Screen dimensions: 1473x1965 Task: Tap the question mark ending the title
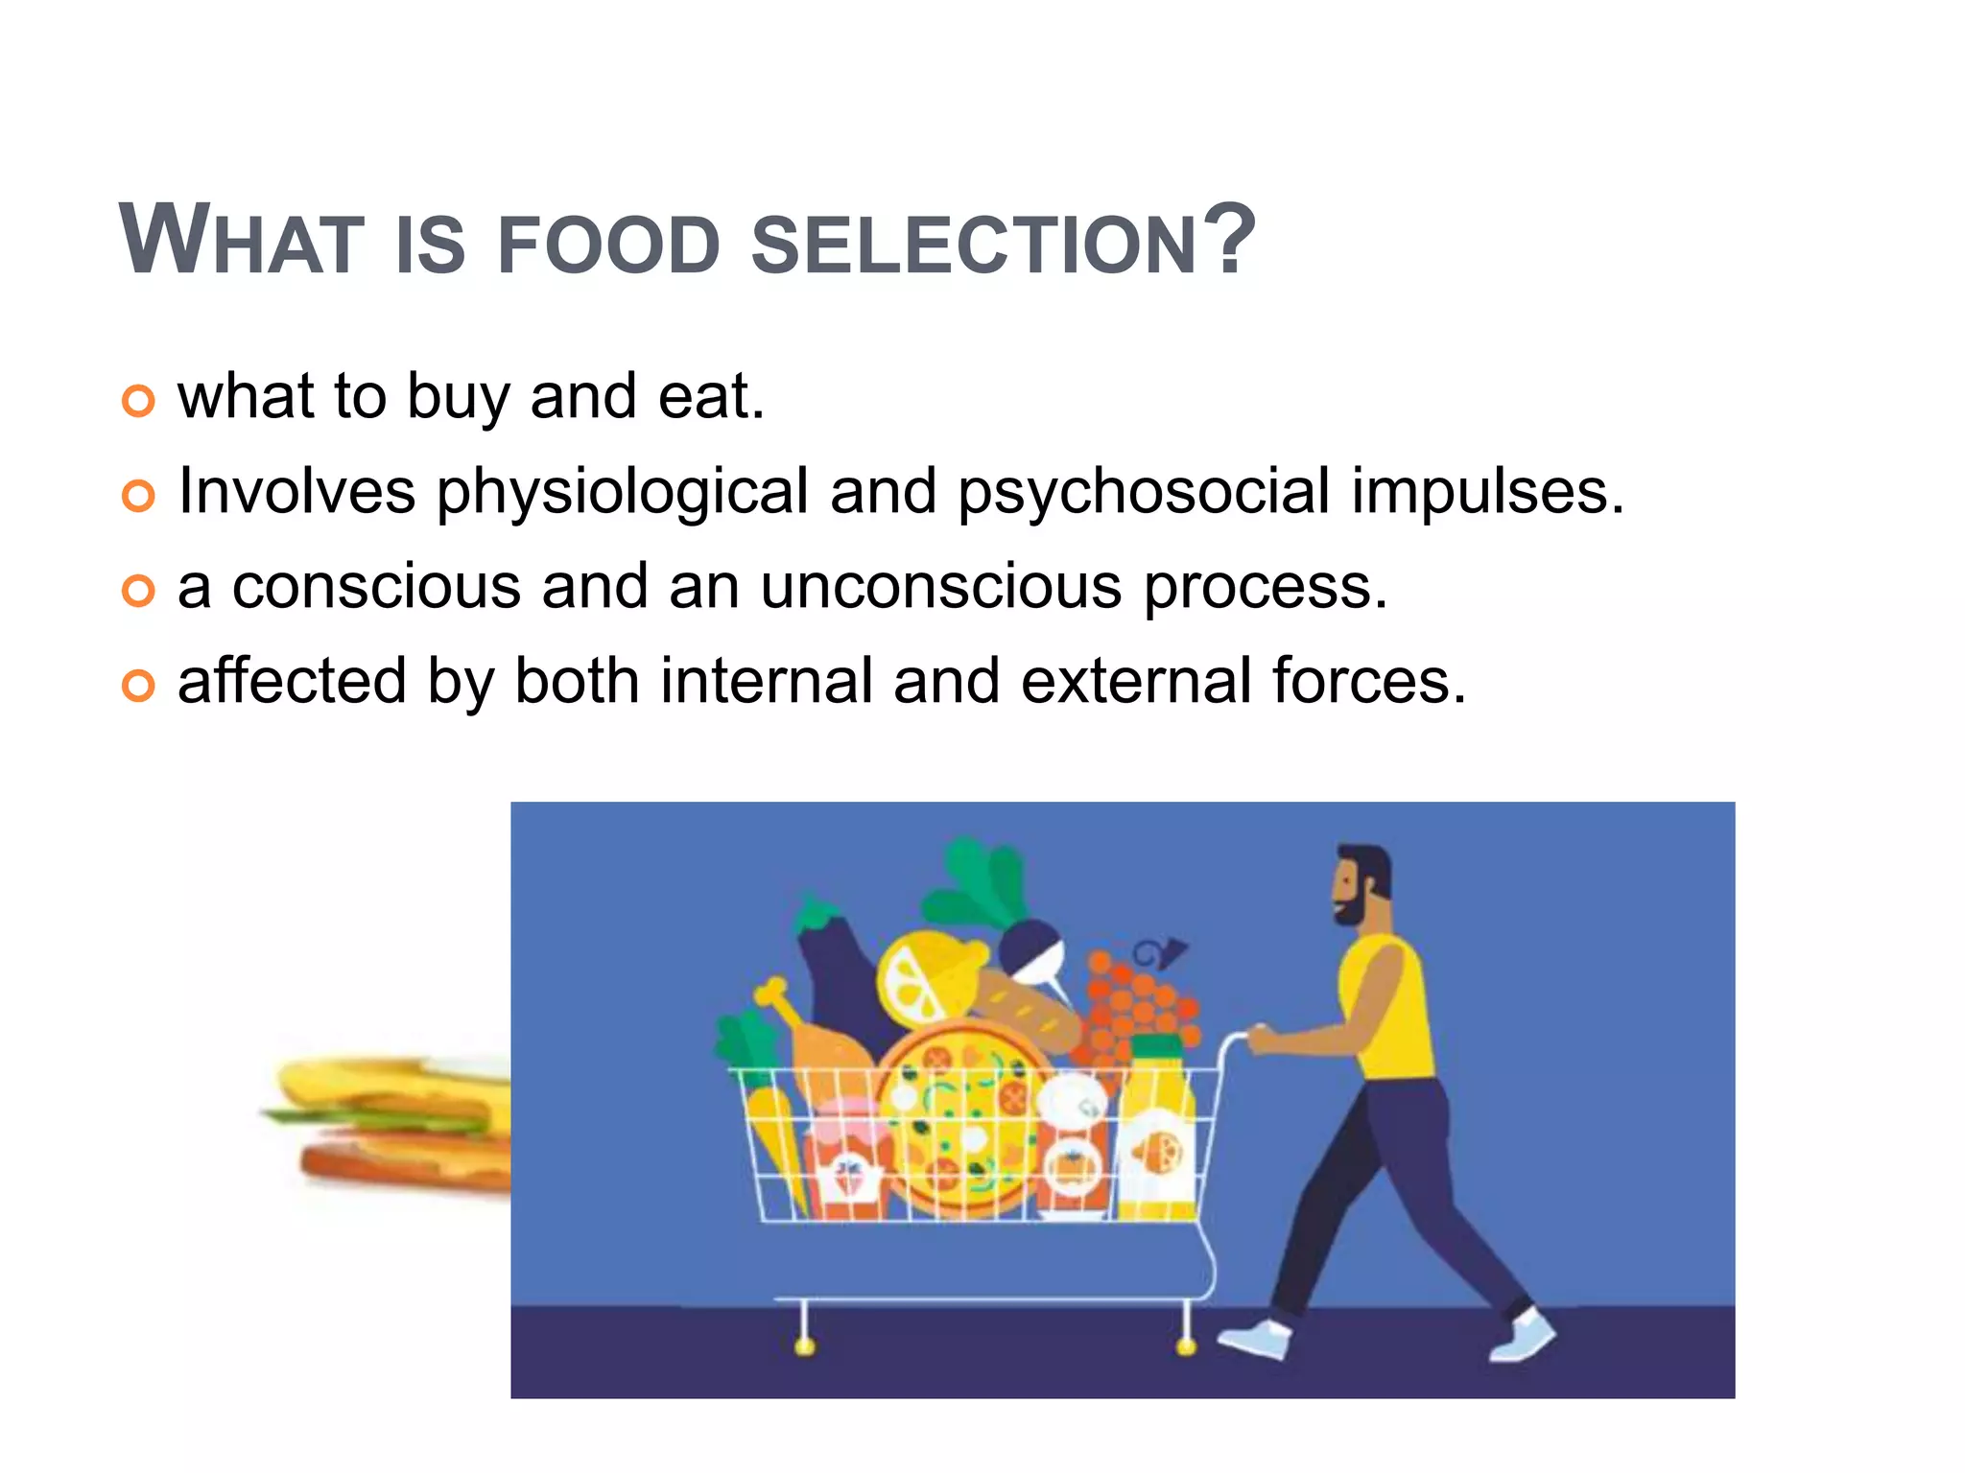tap(1229, 237)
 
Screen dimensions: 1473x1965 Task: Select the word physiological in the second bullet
tap(623, 492)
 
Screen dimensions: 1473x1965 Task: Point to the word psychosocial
tap(1144, 492)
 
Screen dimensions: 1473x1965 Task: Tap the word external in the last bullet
tap(1136, 681)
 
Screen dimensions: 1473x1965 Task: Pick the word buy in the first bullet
tap(458, 397)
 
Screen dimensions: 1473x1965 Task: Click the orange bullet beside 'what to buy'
tap(138, 401)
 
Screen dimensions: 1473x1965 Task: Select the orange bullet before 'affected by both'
tap(138, 685)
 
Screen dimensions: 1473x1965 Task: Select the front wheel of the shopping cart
tap(805, 1345)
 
